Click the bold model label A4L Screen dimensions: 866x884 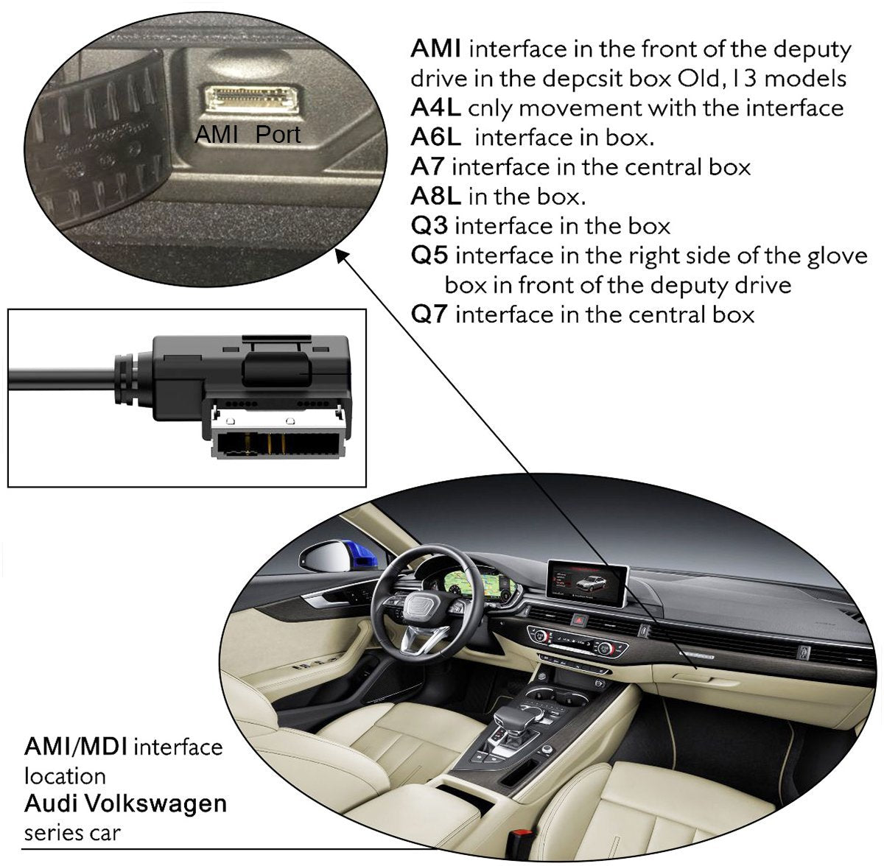click(x=435, y=108)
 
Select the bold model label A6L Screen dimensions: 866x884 click(x=435, y=138)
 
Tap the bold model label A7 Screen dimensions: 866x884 click(x=427, y=167)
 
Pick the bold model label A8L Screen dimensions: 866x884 click(x=435, y=197)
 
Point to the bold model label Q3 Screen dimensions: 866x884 click(x=429, y=226)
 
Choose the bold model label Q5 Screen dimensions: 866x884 click(x=429, y=256)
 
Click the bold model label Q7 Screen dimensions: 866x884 click(x=429, y=315)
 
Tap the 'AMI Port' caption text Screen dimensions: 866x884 click(x=247, y=135)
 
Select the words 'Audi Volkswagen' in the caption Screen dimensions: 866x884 click(x=125, y=803)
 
